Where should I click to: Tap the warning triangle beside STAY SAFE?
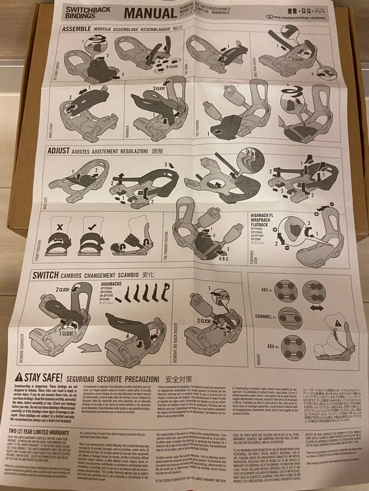pyautogui.click(x=19, y=377)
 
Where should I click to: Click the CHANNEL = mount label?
pyautogui.click(x=266, y=316)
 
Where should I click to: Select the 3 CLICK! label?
pyautogui.click(x=160, y=88)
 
